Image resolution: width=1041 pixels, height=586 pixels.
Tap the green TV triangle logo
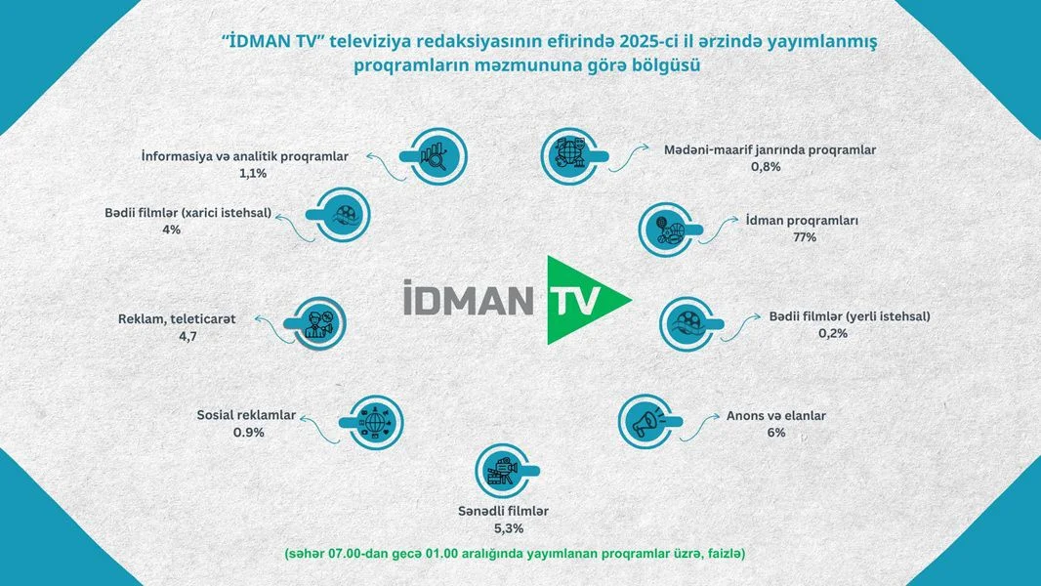(x=582, y=300)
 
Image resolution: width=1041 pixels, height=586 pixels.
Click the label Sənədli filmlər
(x=503, y=511)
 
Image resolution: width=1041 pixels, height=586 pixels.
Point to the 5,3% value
(x=505, y=528)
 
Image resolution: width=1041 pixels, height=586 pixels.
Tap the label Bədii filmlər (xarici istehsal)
(x=187, y=212)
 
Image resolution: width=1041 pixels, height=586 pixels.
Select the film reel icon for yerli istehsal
(x=687, y=322)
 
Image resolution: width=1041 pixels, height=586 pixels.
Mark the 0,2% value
(x=833, y=333)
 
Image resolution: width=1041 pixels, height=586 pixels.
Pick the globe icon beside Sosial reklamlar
(x=375, y=422)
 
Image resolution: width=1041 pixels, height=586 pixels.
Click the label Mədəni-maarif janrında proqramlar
(x=770, y=149)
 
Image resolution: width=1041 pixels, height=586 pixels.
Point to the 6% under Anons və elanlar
(x=776, y=432)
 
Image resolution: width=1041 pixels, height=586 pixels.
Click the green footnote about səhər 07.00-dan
(x=515, y=554)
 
